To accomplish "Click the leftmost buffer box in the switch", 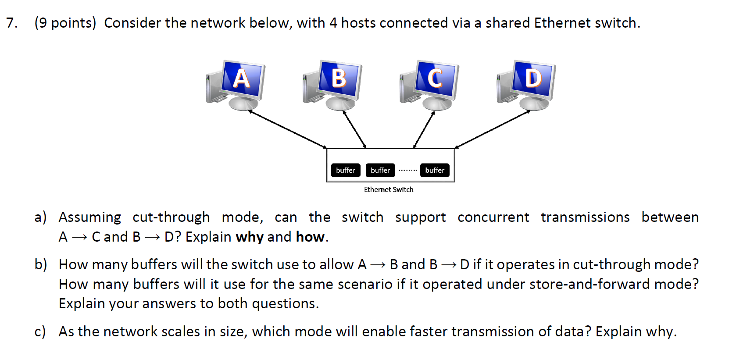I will pyautogui.click(x=346, y=170).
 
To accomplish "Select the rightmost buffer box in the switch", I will pyautogui.click(x=435, y=170).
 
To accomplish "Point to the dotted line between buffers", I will pyautogui.click(x=407, y=170).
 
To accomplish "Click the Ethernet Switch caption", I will pyautogui.click(x=389, y=189).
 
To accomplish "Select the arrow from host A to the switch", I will pyautogui.click(x=287, y=129).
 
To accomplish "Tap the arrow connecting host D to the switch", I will pyautogui.click(x=493, y=129).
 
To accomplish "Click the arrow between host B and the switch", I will pyautogui.click(x=354, y=129).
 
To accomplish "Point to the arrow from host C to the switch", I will pyautogui.click(x=424, y=129).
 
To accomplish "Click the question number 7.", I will pyautogui.click(x=12, y=23).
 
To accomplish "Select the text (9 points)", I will pyautogui.click(x=65, y=23).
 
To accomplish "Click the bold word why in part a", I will pyautogui.click(x=250, y=237).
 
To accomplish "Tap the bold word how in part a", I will pyautogui.click(x=310, y=237).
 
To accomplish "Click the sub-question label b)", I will pyautogui.click(x=41, y=264).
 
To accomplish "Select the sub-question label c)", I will pyautogui.click(x=40, y=331).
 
